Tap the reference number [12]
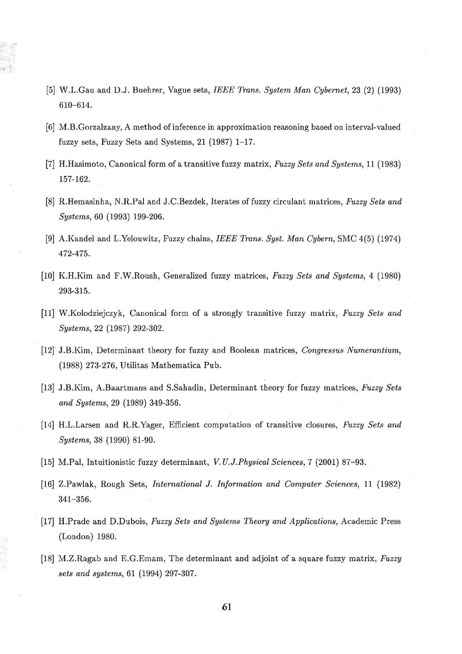pos(48,350)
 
